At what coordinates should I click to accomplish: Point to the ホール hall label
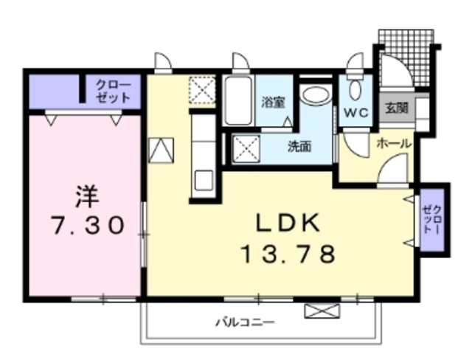394,144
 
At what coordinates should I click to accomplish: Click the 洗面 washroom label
299,146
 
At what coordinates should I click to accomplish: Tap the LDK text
288,223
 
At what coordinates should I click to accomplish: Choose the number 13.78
288,255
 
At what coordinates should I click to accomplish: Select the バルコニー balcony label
245,322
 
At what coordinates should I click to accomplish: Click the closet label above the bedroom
113,91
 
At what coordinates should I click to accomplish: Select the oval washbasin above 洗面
316,95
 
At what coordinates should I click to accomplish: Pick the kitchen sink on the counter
202,180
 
